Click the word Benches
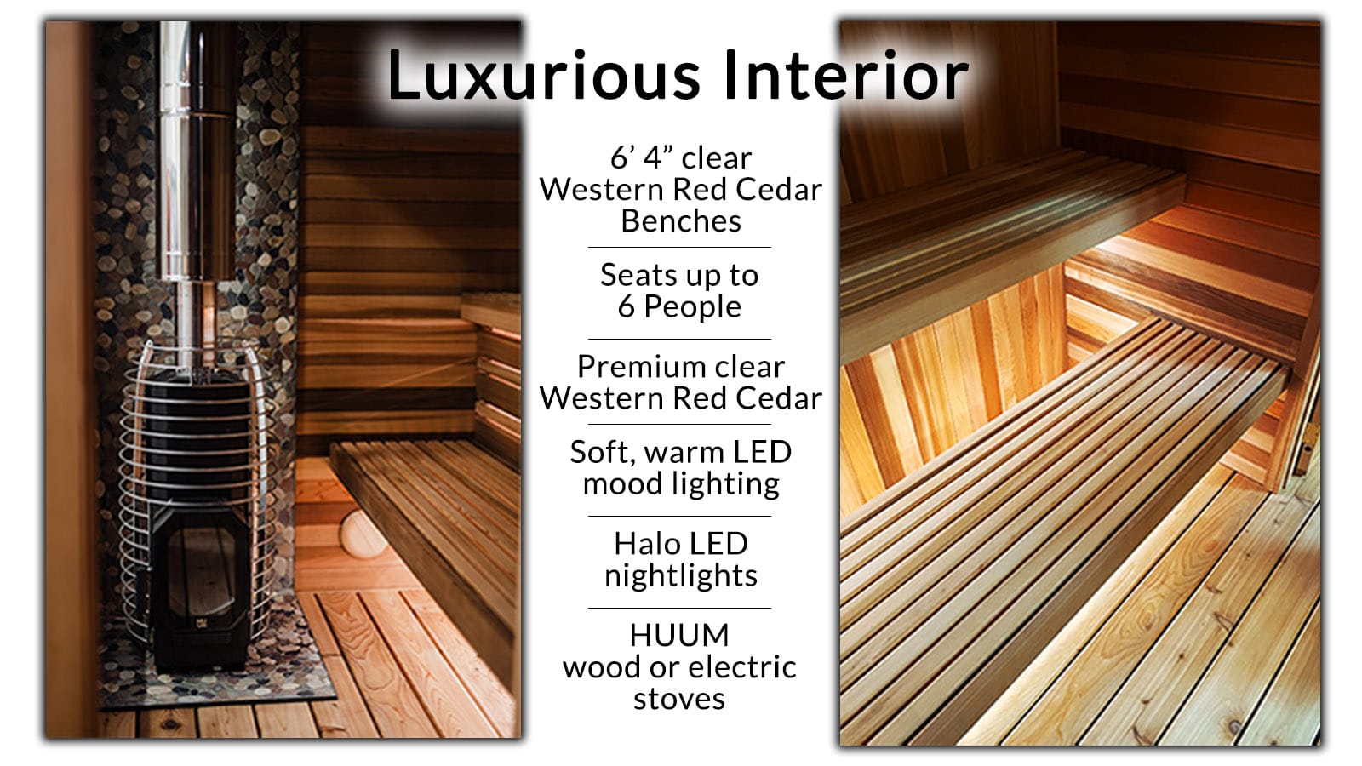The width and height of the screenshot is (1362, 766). click(680, 221)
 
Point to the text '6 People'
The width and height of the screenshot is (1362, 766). click(679, 307)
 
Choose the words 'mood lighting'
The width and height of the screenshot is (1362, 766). click(680, 483)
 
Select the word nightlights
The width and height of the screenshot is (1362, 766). click(680, 575)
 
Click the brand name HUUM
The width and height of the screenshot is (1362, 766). click(679, 635)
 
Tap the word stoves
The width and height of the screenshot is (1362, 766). click(679, 699)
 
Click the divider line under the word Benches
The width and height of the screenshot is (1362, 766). click(679, 248)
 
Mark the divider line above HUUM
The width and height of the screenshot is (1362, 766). click(679, 608)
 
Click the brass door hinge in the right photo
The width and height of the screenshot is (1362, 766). click(1304, 447)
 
